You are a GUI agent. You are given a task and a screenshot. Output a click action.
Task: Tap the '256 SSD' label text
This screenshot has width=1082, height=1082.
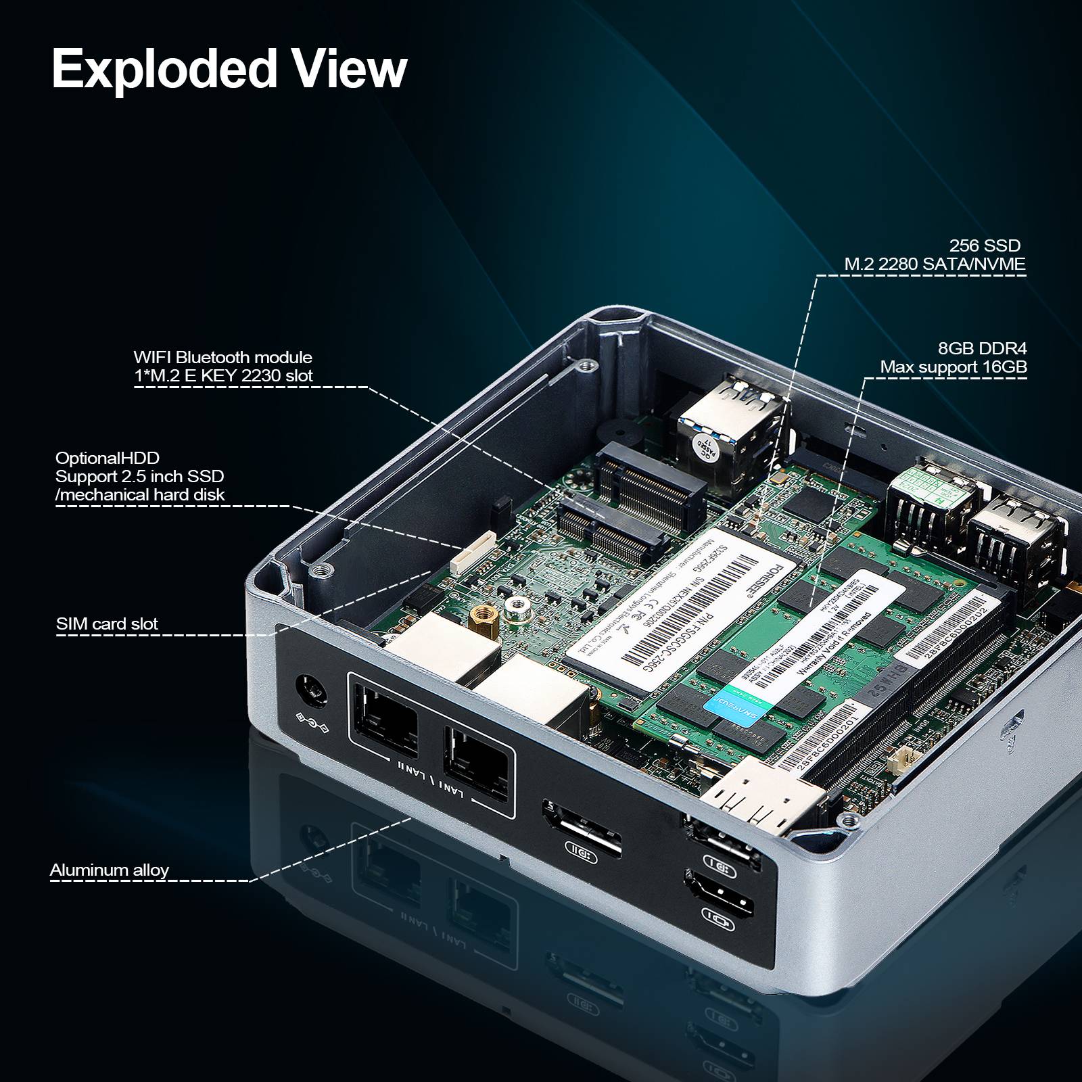click(x=985, y=245)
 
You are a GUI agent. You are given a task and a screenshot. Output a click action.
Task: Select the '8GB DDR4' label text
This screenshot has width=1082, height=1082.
click(x=982, y=348)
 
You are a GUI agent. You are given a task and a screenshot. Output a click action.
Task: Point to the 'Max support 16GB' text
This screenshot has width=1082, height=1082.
click(x=954, y=367)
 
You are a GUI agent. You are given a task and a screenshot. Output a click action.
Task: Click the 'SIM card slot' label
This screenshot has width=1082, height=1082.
click(x=107, y=624)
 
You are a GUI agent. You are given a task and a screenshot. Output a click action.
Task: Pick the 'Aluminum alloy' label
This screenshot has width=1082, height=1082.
click(x=110, y=870)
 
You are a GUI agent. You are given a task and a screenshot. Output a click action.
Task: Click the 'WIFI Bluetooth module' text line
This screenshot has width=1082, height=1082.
click(x=222, y=357)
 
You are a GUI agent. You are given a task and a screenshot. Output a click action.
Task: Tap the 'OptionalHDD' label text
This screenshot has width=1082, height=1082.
click(x=108, y=458)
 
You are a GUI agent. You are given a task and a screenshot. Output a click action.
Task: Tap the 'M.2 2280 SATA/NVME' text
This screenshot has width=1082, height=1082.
click(x=935, y=264)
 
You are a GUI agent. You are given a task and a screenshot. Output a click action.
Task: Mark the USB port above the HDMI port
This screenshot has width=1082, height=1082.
click(x=720, y=839)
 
